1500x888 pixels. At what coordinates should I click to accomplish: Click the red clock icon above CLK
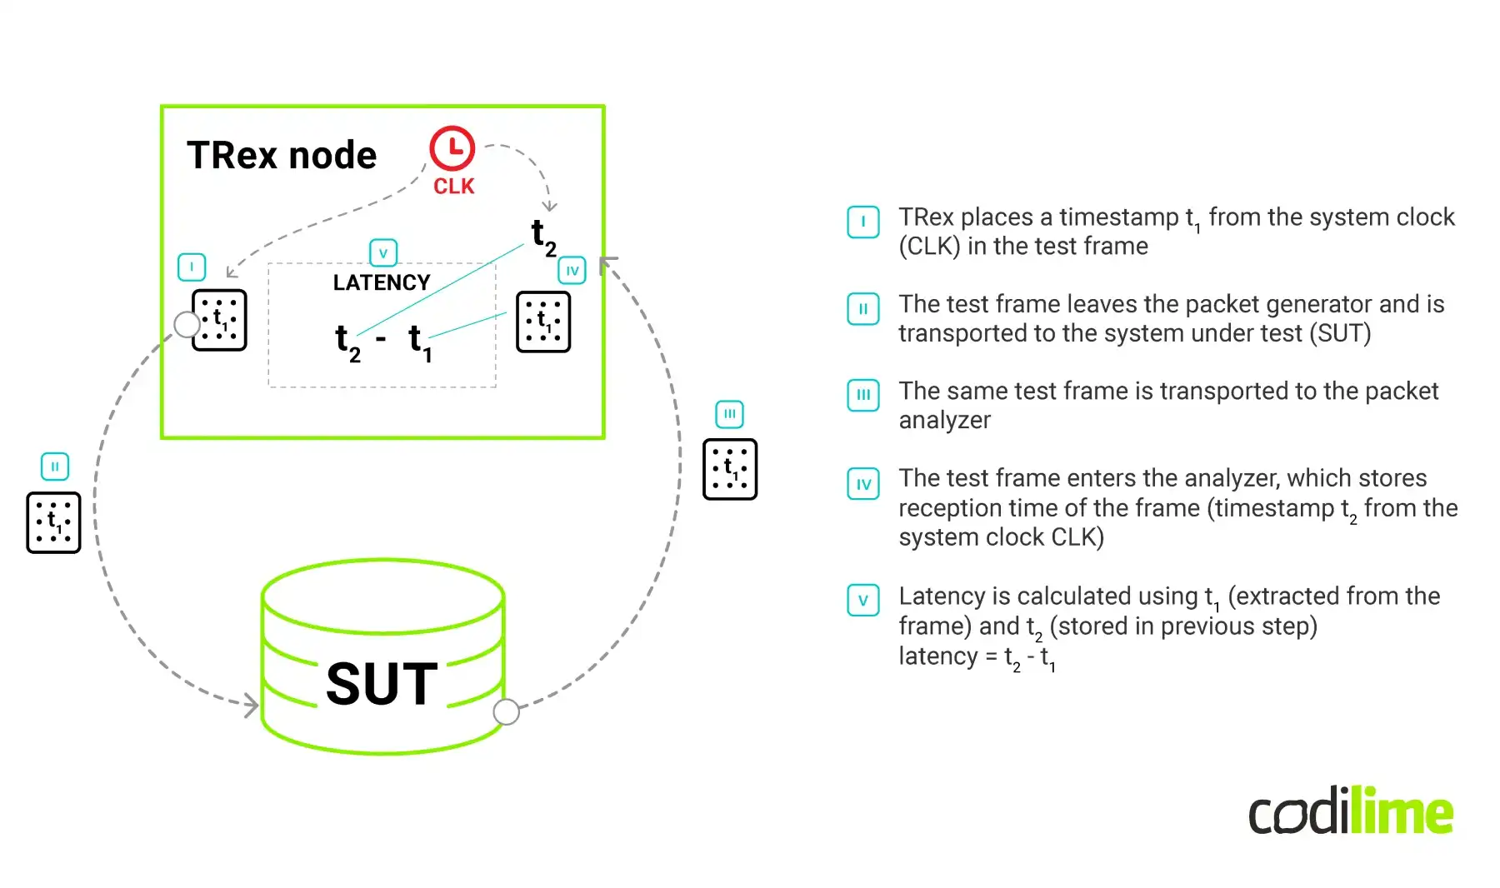click(452, 149)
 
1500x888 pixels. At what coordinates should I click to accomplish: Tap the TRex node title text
click(282, 156)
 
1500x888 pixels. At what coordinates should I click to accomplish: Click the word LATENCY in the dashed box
click(382, 282)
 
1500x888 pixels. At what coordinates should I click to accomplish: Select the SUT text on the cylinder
click(382, 684)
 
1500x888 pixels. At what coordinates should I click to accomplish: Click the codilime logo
click(1350, 811)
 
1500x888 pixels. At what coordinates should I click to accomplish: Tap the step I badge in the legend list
click(863, 222)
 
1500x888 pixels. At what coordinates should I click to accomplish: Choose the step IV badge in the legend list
click(863, 484)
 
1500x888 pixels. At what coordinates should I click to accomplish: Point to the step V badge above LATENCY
click(383, 252)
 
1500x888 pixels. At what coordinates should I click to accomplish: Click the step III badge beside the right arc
click(729, 414)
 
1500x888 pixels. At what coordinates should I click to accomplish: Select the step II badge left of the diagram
click(55, 466)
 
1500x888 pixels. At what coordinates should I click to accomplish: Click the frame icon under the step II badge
click(53, 522)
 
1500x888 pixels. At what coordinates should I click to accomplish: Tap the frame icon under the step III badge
click(729, 469)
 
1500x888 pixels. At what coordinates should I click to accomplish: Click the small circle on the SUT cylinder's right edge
click(506, 712)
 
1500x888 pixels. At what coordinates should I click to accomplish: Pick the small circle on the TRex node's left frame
click(187, 324)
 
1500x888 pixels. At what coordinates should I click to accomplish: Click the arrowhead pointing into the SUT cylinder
click(251, 706)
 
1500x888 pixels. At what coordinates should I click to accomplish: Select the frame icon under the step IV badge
click(543, 322)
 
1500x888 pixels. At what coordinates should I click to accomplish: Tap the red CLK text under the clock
click(453, 187)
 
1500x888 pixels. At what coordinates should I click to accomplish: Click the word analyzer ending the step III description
click(944, 420)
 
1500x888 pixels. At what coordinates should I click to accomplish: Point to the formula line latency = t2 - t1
click(977, 657)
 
